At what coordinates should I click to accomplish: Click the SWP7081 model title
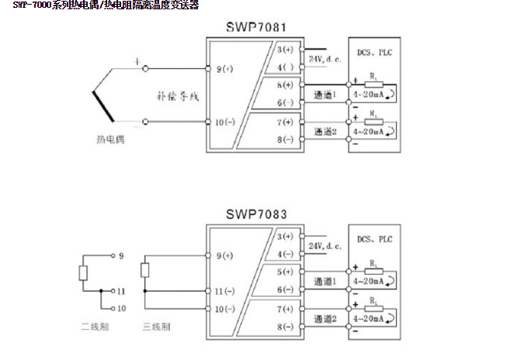[256, 28]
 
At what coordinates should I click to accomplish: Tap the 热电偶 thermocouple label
[110, 140]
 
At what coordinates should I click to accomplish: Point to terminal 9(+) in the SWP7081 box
[225, 69]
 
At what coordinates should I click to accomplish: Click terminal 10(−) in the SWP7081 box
[225, 122]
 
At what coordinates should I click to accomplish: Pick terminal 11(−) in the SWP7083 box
[224, 290]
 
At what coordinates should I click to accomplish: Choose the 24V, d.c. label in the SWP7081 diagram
[325, 59]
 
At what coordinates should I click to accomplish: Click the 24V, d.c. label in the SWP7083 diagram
[325, 245]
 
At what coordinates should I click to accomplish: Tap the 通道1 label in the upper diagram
[325, 95]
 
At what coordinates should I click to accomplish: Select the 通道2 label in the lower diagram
[325, 318]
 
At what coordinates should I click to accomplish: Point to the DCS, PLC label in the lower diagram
[375, 240]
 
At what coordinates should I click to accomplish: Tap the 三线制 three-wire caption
[153, 327]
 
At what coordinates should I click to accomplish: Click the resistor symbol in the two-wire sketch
[83, 272]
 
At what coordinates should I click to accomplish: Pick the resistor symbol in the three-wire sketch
[144, 270]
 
